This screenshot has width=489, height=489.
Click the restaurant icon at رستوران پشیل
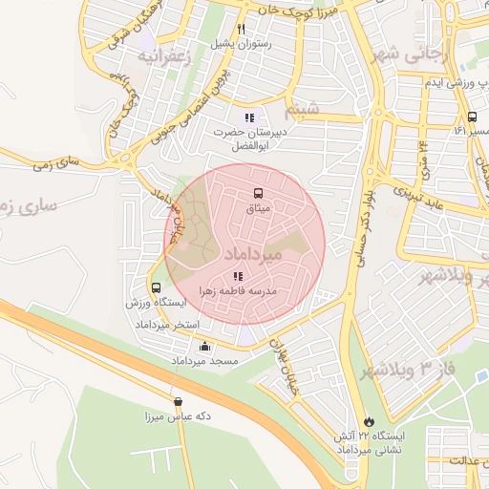tap(243, 29)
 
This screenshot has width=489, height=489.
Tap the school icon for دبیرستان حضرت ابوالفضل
tap(250, 117)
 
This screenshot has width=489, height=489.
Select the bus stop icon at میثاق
tap(257, 194)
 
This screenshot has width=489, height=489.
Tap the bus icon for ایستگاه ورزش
tap(156, 287)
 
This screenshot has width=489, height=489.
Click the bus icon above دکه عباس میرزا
tap(178, 402)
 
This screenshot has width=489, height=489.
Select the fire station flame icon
tap(369, 420)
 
